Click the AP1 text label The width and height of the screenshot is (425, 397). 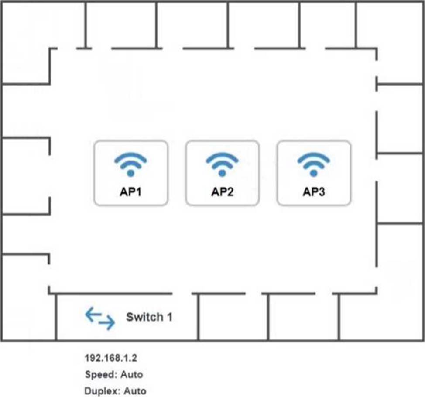click(x=130, y=192)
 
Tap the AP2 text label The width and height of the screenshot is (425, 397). click(x=222, y=192)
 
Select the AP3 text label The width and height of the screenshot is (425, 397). click(x=314, y=192)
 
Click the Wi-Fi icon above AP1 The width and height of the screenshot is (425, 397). click(x=130, y=164)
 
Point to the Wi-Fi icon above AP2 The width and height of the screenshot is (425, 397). click(x=222, y=164)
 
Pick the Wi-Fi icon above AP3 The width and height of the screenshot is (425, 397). click(x=314, y=164)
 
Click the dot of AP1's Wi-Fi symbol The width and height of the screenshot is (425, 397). click(x=130, y=173)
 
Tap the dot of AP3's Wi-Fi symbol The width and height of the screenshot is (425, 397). click(x=314, y=173)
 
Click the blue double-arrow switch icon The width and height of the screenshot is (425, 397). click(x=100, y=318)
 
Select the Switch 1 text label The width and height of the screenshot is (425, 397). click(x=149, y=317)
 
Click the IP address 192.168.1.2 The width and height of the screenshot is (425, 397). click(x=111, y=358)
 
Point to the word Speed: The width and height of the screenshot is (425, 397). click(x=101, y=375)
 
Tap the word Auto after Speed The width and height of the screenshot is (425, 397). click(x=132, y=374)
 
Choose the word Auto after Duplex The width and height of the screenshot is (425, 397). click(x=135, y=391)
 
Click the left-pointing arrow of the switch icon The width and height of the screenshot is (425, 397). click(x=93, y=315)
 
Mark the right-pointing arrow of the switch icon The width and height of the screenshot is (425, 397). click(x=107, y=322)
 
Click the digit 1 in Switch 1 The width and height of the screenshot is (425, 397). click(x=170, y=317)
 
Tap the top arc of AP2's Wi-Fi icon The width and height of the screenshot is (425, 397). click(x=222, y=157)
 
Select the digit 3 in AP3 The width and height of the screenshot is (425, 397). click(x=322, y=192)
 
